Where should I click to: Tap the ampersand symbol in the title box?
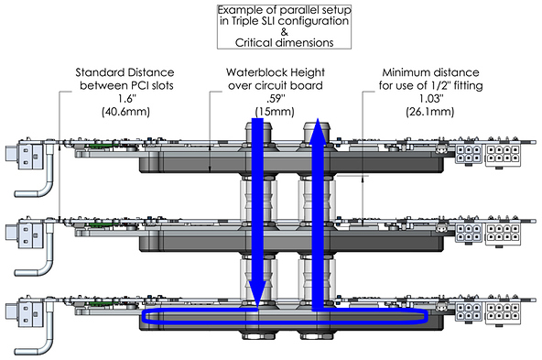[x=284, y=32]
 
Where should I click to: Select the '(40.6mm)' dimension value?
[x=125, y=112]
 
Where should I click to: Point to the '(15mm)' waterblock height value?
[x=275, y=112]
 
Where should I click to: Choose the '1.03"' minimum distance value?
[x=430, y=99]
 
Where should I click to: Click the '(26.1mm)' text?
[x=430, y=112]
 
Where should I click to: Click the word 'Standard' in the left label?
[x=100, y=72]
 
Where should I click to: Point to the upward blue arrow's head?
[x=318, y=130]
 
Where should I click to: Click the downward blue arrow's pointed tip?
[x=257, y=306]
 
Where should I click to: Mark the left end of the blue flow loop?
[x=144, y=316]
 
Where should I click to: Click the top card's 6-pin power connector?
[x=469, y=154]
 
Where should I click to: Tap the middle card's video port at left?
[x=24, y=233]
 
